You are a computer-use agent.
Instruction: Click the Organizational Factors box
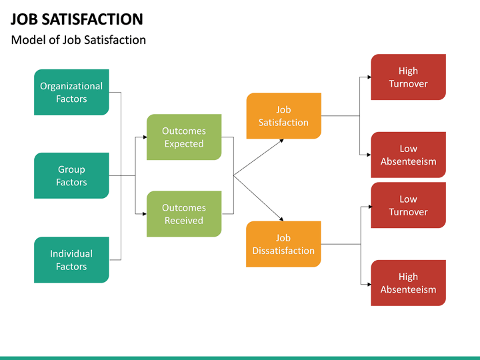(71, 92)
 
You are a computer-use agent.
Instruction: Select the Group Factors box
(71, 175)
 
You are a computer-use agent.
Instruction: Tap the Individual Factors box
(71, 259)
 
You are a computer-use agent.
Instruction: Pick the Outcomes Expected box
(183, 137)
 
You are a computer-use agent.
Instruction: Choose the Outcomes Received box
(183, 214)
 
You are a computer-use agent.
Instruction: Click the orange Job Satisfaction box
(283, 116)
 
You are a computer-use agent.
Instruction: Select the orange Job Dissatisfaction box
(283, 244)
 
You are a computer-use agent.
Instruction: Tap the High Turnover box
(408, 77)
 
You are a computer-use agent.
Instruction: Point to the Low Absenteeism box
(408, 155)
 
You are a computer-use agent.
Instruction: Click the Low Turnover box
(408, 205)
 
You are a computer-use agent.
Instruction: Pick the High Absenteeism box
(408, 283)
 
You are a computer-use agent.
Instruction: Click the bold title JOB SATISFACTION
(77, 19)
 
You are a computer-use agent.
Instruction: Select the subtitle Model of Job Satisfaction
(79, 40)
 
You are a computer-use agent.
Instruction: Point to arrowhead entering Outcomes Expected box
(144, 137)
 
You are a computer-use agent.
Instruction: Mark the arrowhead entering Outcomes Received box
(144, 214)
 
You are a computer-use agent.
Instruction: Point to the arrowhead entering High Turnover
(369, 77)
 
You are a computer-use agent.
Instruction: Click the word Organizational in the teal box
(71, 86)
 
